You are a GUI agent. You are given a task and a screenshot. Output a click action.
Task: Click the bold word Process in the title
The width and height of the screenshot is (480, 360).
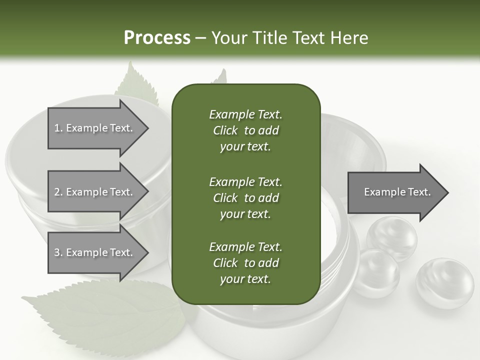click(157, 37)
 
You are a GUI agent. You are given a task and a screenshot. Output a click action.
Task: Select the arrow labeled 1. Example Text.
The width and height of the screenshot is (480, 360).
click(95, 128)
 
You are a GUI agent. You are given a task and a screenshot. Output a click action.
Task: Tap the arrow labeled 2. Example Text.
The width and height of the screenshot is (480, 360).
click(95, 192)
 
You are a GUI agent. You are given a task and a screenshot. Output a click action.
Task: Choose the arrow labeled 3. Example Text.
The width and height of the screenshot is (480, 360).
click(95, 252)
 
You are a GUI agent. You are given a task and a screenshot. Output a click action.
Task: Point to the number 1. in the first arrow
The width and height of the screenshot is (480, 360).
click(58, 128)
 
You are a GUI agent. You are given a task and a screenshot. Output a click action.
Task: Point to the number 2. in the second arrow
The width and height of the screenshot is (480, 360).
click(58, 192)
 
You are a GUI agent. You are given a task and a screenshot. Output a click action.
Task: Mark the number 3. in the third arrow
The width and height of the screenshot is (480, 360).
click(58, 252)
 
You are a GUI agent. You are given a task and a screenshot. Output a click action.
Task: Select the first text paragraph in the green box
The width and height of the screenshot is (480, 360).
click(245, 130)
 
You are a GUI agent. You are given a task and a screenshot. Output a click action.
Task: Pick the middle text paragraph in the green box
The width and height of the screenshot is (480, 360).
click(245, 197)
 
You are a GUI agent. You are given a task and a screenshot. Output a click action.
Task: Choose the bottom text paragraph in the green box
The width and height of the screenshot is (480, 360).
click(245, 263)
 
